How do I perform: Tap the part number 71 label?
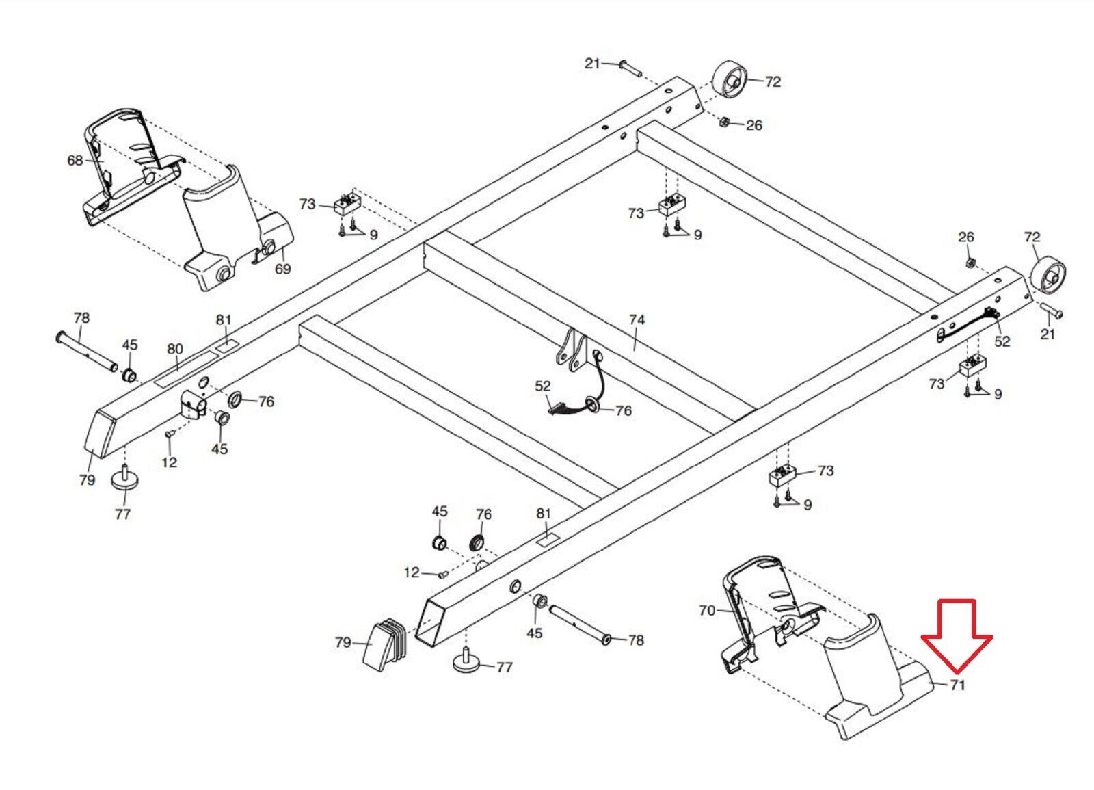[957, 685]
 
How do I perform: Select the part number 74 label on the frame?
[637, 319]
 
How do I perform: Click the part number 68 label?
[75, 160]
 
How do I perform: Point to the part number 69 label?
[282, 269]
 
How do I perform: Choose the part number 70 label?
[707, 610]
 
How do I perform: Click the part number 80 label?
[175, 349]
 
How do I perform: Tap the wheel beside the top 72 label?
[731, 81]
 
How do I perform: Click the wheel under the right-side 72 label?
[1046, 276]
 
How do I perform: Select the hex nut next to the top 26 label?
[725, 122]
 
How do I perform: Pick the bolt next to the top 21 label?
[630, 67]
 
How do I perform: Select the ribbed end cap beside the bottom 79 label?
[384, 643]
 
